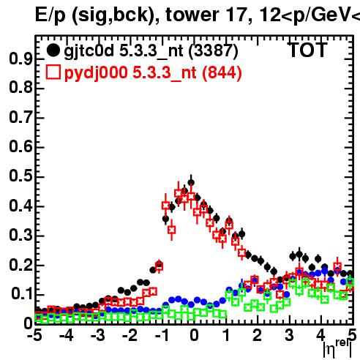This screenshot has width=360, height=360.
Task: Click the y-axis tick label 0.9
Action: tap(20, 59)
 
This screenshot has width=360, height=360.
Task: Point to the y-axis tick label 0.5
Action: tap(20, 176)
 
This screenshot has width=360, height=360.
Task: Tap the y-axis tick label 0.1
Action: tap(21, 293)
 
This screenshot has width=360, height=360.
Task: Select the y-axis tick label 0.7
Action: tap(20, 117)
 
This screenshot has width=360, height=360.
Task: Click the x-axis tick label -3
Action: tap(98, 335)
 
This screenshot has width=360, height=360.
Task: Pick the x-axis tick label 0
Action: tap(194, 335)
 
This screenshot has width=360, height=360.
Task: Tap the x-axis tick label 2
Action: tap(258, 335)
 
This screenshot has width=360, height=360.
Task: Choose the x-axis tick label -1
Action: tap(162, 335)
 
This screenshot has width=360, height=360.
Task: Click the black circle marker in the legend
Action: tap(53, 50)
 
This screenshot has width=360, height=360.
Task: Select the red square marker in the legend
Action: tap(53, 72)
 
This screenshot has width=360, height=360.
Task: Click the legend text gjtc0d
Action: tap(89, 52)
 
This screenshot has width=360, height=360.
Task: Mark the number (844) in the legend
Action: tap(222, 73)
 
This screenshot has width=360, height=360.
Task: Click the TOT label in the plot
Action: tap(308, 50)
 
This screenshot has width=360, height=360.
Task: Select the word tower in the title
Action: tap(192, 15)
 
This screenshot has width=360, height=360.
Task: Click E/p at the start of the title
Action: tap(50, 15)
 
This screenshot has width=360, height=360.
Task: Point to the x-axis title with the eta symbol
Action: tap(337, 349)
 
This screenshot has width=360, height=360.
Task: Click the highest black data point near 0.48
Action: tap(191, 182)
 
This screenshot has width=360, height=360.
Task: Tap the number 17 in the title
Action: tap(236, 15)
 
